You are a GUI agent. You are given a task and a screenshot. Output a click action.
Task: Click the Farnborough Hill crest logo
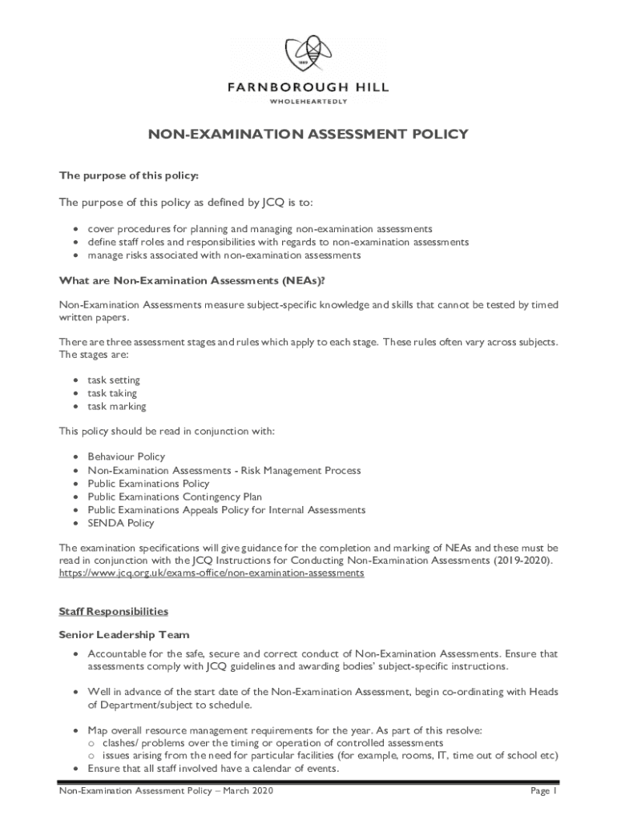tap(308, 53)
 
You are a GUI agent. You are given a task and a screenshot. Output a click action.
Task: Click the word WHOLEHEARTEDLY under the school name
tap(308, 102)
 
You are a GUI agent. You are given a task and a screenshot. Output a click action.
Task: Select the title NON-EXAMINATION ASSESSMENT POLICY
tap(308, 135)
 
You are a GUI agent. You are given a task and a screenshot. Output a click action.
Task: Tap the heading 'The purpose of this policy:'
tap(129, 175)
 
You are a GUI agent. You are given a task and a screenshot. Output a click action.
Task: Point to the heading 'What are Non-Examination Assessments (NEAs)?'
tap(192, 280)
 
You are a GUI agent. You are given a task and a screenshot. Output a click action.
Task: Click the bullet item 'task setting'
tap(114, 380)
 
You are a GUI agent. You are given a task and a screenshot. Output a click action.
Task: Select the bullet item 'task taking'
tap(112, 393)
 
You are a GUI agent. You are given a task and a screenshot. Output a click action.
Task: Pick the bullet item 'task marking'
tap(117, 407)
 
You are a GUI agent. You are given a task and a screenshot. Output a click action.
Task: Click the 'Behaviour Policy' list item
tap(127, 457)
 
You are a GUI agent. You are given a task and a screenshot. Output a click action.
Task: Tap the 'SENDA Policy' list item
tap(121, 523)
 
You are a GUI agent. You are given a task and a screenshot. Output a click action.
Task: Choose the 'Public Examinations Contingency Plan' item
tap(175, 496)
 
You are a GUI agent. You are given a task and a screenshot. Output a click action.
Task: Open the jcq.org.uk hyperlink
tap(212, 573)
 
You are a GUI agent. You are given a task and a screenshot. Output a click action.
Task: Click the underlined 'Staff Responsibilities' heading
tap(114, 611)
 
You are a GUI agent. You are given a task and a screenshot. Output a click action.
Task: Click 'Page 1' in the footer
tap(543, 791)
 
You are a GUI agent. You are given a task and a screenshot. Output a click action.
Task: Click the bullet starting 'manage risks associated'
tap(224, 255)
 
